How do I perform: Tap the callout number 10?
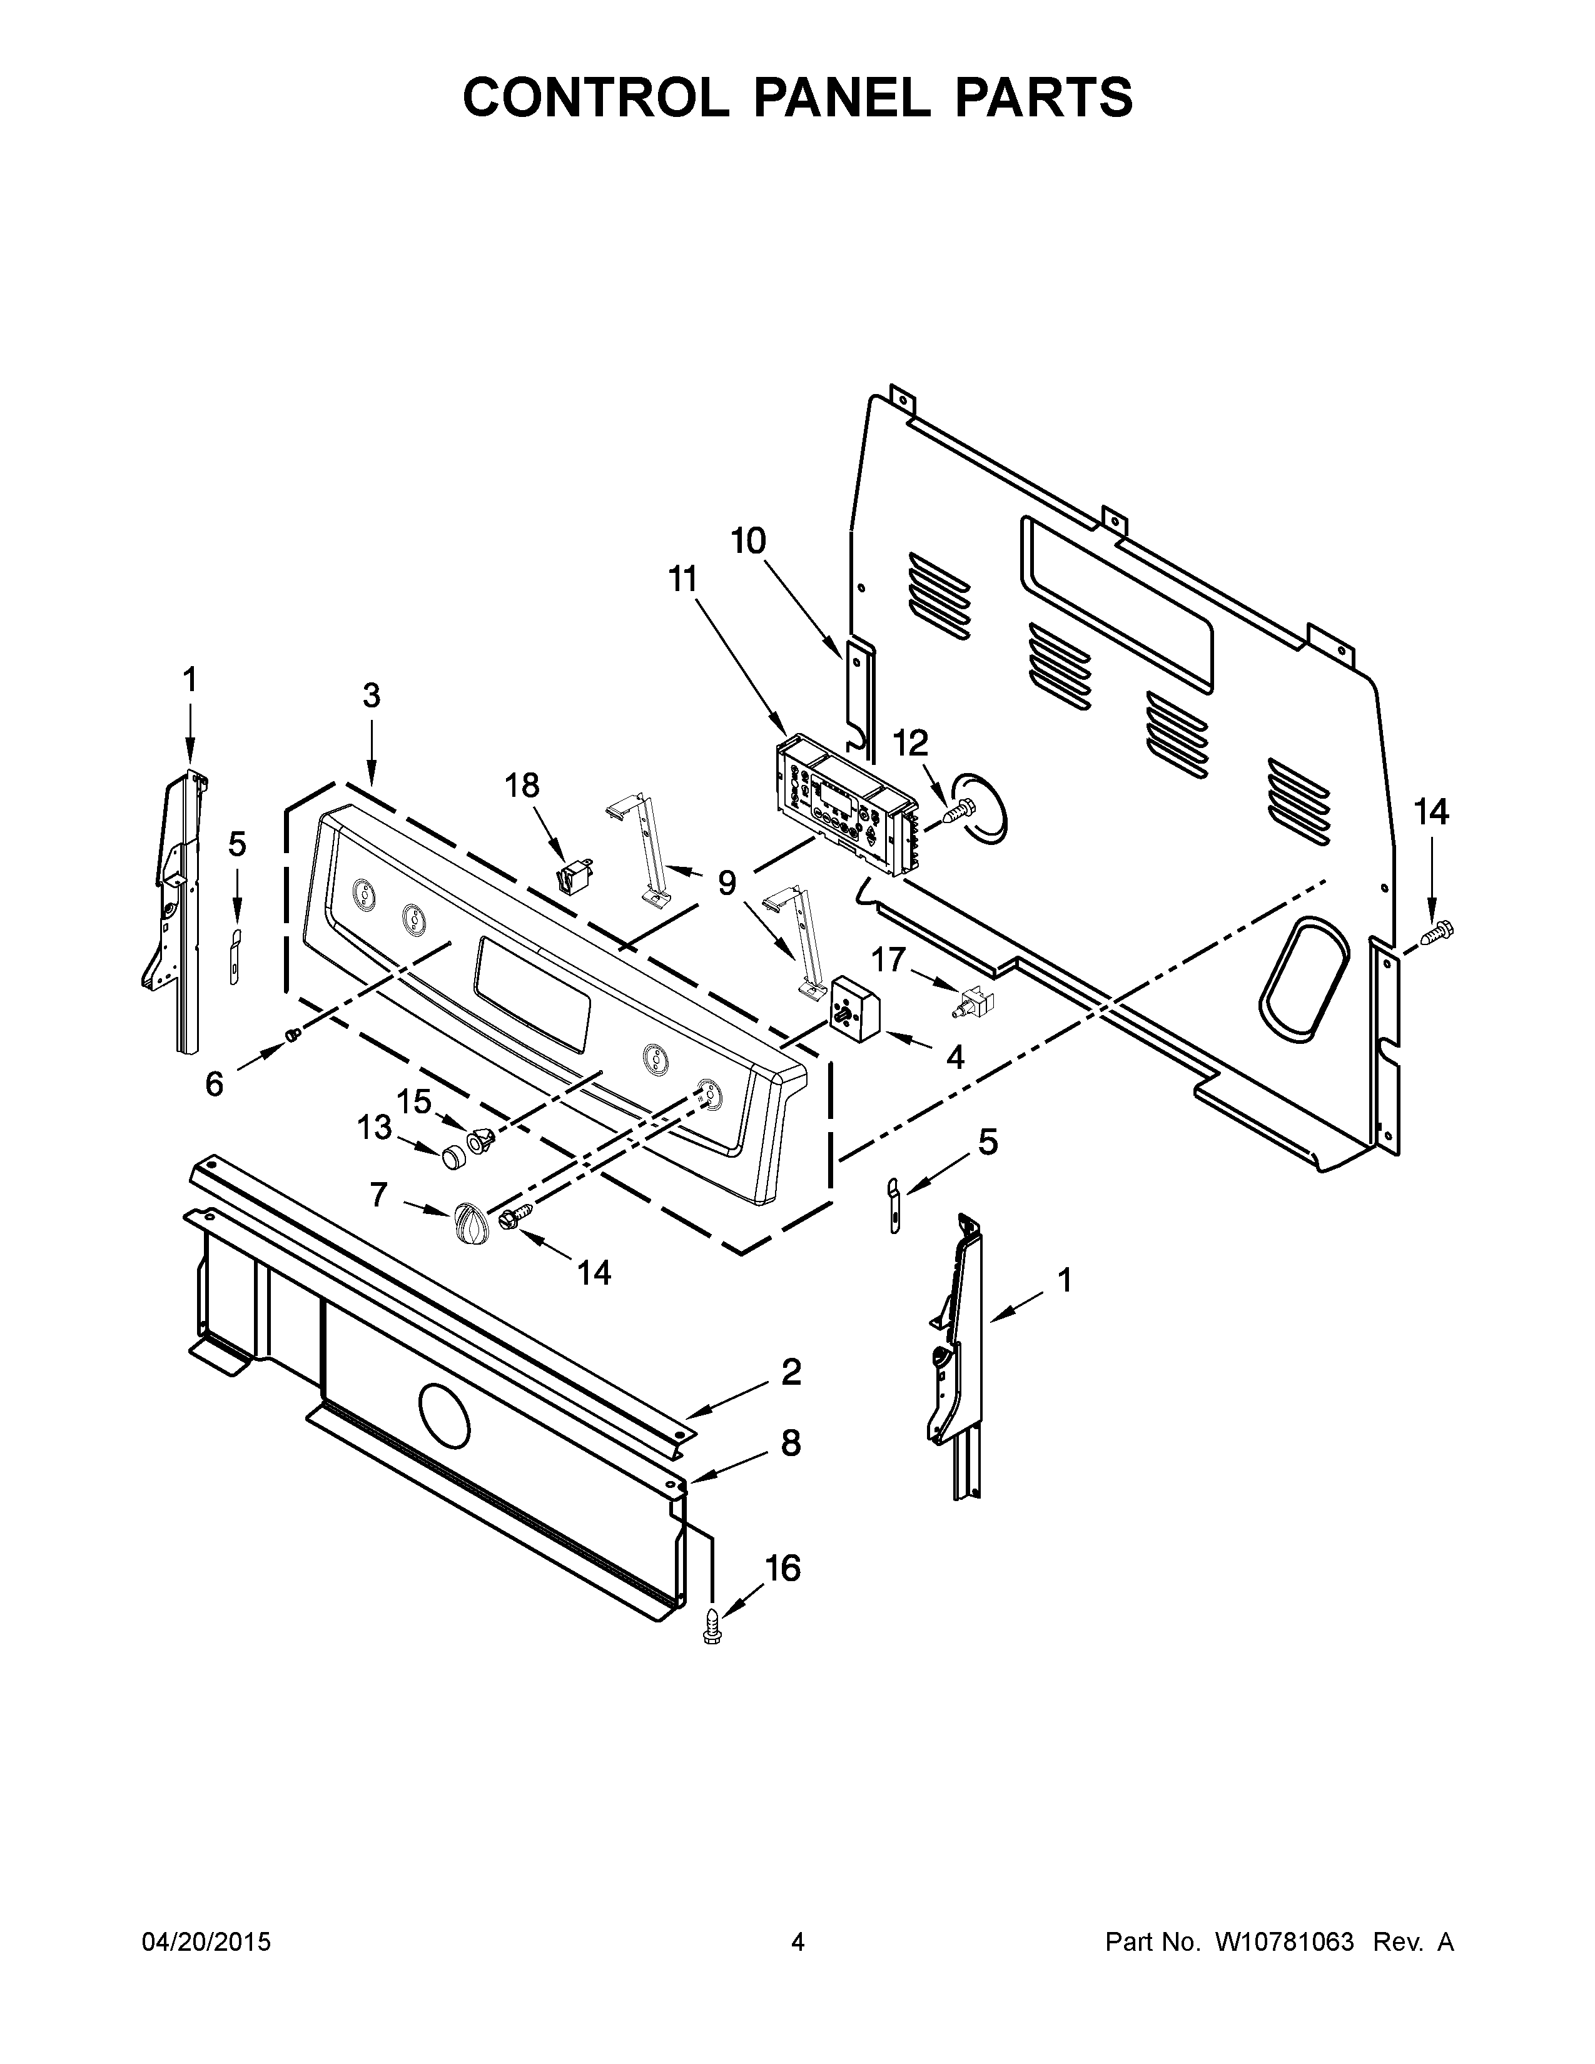click(747, 542)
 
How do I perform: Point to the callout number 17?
click(888, 960)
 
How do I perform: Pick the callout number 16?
click(782, 1568)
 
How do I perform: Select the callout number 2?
click(791, 1371)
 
